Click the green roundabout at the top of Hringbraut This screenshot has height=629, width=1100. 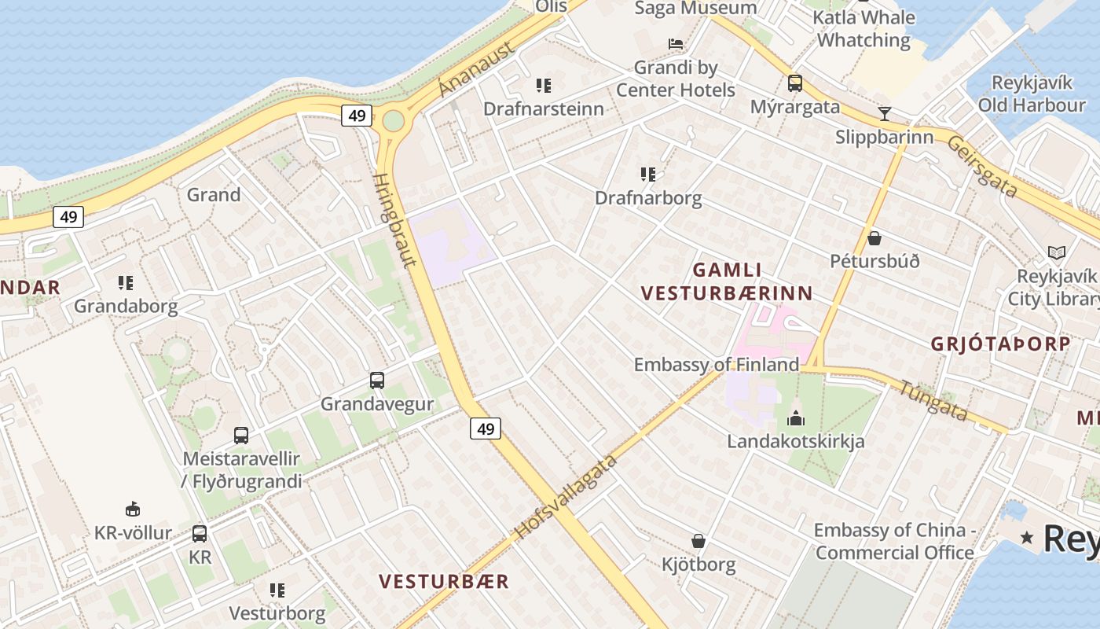click(x=393, y=121)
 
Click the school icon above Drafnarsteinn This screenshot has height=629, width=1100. click(x=544, y=85)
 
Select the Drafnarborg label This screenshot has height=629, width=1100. click(x=648, y=197)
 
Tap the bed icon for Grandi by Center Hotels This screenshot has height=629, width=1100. click(x=675, y=43)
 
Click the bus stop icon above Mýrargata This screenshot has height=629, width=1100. click(x=795, y=83)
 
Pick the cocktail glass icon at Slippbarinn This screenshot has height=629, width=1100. click(x=885, y=113)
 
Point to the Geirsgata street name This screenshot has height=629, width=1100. click(x=982, y=167)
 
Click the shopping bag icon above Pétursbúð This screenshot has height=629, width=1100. click(x=874, y=237)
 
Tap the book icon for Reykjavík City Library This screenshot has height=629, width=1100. click(x=1057, y=252)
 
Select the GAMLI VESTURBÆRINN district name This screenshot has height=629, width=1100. click(x=727, y=281)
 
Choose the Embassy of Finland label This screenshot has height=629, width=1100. click(x=716, y=365)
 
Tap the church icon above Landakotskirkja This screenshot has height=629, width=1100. click(x=796, y=417)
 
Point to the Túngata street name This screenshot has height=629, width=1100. click(x=933, y=400)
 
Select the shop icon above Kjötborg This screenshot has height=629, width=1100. click(x=698, y=541)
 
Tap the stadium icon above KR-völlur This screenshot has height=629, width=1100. click(x=133, y=509)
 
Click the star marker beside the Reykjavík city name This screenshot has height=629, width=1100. click(x=1027, y=538)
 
